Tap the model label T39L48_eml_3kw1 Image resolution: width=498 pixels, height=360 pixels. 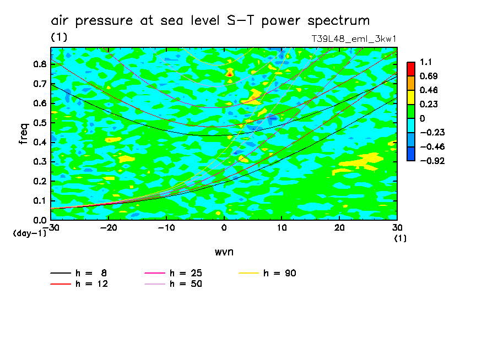click(x=354, y=39)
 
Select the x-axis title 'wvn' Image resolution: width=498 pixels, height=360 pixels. click(x=224, y=252)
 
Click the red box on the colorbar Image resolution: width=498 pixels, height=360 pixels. click(x=411, y=69)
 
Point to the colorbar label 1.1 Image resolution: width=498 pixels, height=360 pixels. click(x=425, y=62)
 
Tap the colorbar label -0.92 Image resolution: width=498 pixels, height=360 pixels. click(x=431, y=161)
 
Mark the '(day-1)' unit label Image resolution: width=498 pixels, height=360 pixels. click(x=30, y=233)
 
